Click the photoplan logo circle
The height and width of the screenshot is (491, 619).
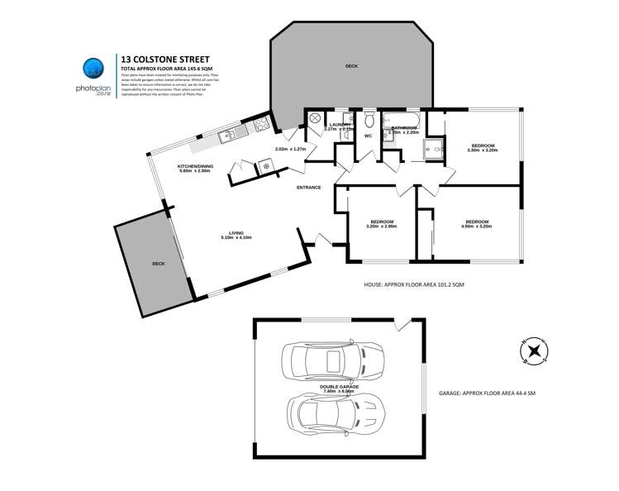tap(93, 68)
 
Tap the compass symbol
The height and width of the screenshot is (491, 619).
tap(534, 350)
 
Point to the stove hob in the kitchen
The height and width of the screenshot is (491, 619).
tap(261, 125)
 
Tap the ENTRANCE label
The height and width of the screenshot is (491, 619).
tap(309, 188)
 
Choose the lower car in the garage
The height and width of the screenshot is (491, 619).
tap(335, 410)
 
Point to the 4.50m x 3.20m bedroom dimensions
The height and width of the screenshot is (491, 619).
tap(478, 226)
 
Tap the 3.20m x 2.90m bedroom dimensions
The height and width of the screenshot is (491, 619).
tap(383, 226)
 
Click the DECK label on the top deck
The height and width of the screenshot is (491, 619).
tap(352, 65)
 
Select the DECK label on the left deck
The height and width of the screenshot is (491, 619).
tap(158, 264)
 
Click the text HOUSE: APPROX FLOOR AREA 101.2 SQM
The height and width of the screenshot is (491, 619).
tap(414, 284)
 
